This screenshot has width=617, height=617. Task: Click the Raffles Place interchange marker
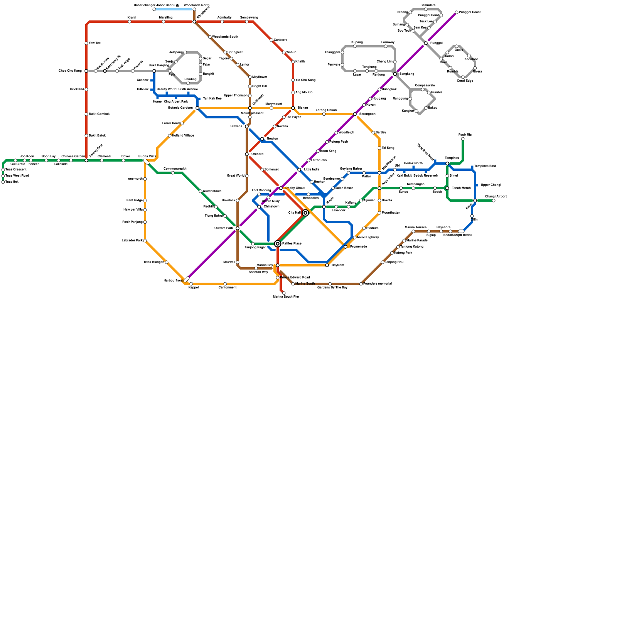coord(278,244)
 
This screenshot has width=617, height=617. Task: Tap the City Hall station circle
coord(305,213)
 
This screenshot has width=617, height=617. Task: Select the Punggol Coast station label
coord(470,12)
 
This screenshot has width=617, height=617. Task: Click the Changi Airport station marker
coord(494,201)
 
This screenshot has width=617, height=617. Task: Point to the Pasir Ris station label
coord(465,135)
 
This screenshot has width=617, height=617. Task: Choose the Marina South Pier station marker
coord(284,293)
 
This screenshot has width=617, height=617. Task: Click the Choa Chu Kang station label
coord(70,71)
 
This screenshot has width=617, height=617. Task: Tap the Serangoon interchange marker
coord(355,114)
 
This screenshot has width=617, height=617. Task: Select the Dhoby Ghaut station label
coord(295,188)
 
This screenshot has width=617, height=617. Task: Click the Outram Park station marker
coord(238,228)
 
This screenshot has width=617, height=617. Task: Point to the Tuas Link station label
coord(12,182)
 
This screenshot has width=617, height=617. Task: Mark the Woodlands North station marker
coord(194,9)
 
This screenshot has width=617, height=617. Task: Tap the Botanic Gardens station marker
coord(197,108)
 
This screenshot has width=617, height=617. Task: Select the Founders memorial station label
coord(378,284)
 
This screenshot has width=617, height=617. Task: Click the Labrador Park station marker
coord(145,241)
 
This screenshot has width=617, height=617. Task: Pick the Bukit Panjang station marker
coord(154,71)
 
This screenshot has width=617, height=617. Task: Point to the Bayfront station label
coord(338,265)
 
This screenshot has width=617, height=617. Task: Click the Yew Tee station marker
coord(86,43)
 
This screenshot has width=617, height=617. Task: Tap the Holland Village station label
coord(183,136)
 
